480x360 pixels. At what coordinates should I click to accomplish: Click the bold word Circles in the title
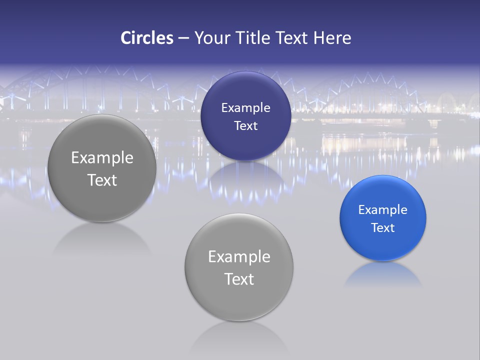(x=146, y=38)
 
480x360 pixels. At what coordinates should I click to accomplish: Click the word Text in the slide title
(x=292, y=38)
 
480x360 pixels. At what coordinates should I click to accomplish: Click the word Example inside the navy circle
(x=245, y=108)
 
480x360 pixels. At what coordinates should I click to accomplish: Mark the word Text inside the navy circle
(x=245, y=126)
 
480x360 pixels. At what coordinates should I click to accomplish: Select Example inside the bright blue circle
(x=382, y=210)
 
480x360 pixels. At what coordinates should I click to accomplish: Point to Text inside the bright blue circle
(x=382, y=228)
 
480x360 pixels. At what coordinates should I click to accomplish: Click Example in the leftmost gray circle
(x=102, y=158)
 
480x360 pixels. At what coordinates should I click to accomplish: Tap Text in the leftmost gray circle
(x=102, y=180)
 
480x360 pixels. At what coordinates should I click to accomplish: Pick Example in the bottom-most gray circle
(x=239, y=257)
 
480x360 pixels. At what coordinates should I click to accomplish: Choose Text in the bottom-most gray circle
(x=239, y=279)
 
